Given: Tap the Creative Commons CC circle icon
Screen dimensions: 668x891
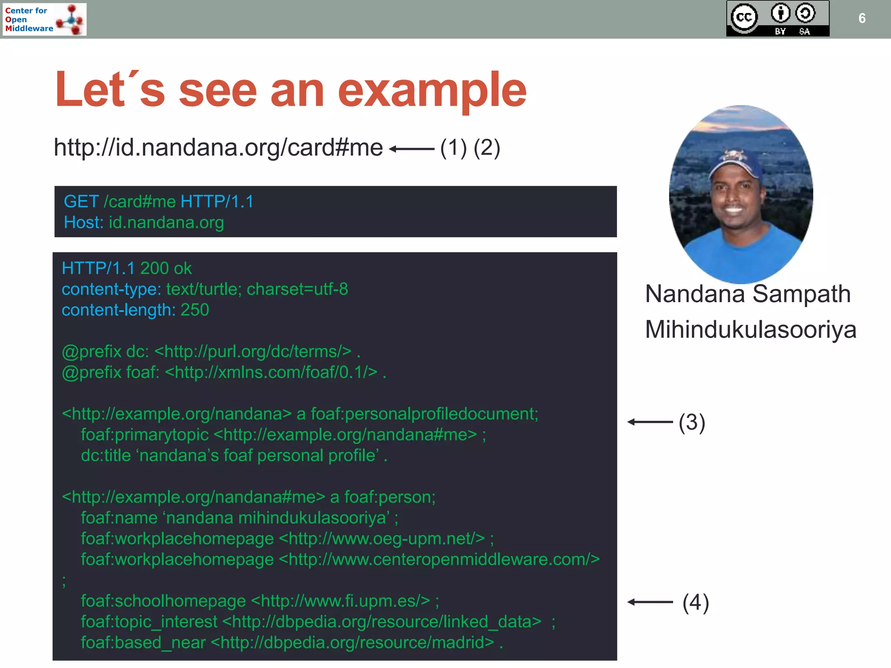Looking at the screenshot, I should pos(744,17).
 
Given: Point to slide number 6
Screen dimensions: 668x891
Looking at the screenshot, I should pos(862,18).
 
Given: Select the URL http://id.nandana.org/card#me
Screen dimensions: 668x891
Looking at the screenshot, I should pos(218,147).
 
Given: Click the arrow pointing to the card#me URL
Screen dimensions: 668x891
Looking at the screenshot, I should pos(411,149).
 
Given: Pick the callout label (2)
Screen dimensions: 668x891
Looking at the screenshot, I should pos(487,148).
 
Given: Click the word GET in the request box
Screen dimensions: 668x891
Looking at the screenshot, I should pos(81,202).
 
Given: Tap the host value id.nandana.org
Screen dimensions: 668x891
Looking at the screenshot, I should pos(166,223).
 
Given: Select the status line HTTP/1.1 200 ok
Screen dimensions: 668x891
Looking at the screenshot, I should pos(127,268).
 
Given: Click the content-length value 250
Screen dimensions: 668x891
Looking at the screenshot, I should pos(194,310).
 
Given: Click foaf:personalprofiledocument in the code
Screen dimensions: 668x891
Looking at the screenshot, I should pos(424,414).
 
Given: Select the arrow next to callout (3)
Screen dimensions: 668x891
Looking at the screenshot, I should pos(650,422).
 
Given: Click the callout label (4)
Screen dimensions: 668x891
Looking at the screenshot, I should pos(696,602).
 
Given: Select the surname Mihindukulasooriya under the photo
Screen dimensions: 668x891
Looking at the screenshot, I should pos(750,330).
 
